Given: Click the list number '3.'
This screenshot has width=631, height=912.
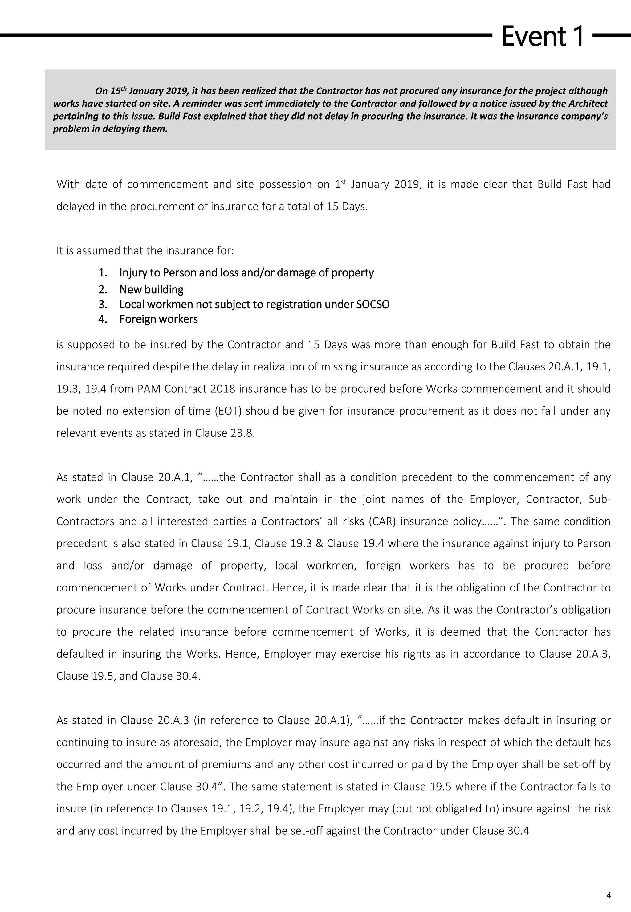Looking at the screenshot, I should [x=103, y=305].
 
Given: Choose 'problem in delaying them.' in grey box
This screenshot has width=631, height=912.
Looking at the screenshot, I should [x=110, y=129].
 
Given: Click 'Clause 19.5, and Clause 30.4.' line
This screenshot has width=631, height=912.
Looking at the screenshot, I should [x=128, y=676].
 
